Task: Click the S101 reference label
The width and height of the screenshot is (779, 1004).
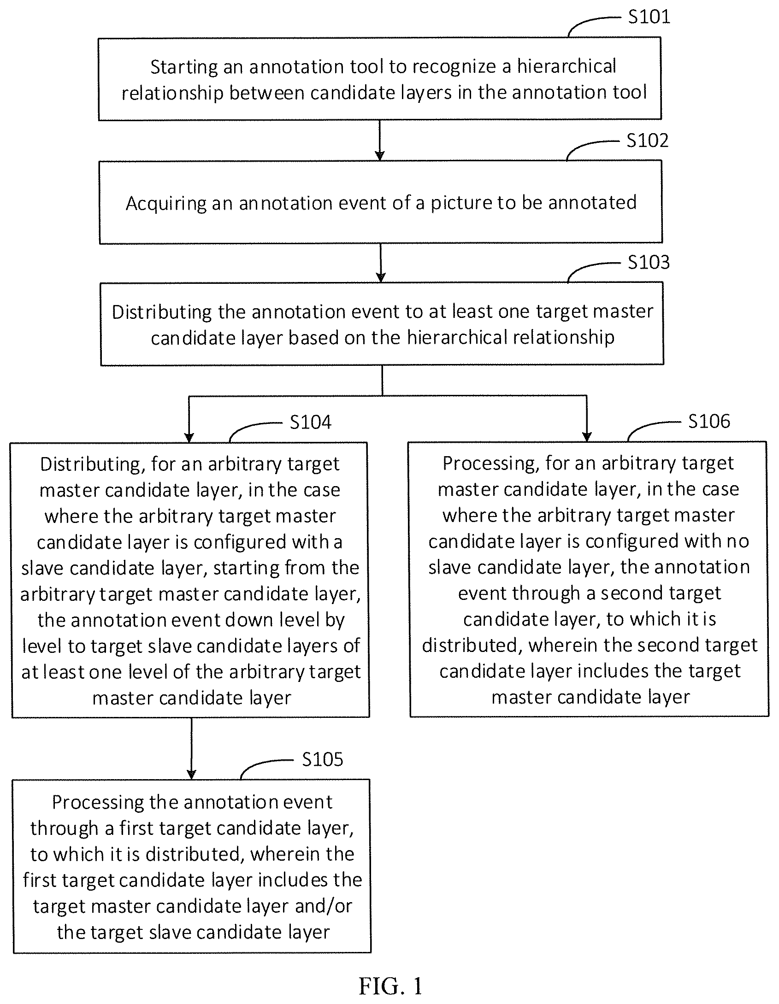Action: pos(649,17)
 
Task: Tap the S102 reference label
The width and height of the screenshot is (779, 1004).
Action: pos(647,141)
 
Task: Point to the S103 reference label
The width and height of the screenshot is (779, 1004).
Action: pos(649,262)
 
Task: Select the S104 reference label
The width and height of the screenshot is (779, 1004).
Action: pos(310,422)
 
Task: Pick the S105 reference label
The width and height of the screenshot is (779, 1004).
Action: pos(323,759)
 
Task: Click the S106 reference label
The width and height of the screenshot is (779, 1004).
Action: pos(709,421)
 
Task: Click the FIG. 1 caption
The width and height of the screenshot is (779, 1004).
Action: pos(390,986)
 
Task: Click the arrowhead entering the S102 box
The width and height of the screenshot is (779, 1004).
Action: pos(380,156)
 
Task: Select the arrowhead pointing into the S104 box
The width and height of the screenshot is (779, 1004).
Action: pos(189,437)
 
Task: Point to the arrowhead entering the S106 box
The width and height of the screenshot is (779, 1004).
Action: pos(587,436)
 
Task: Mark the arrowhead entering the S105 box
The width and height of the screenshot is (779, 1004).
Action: pos(191,775)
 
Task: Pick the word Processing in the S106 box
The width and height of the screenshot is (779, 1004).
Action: pos(491,464)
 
